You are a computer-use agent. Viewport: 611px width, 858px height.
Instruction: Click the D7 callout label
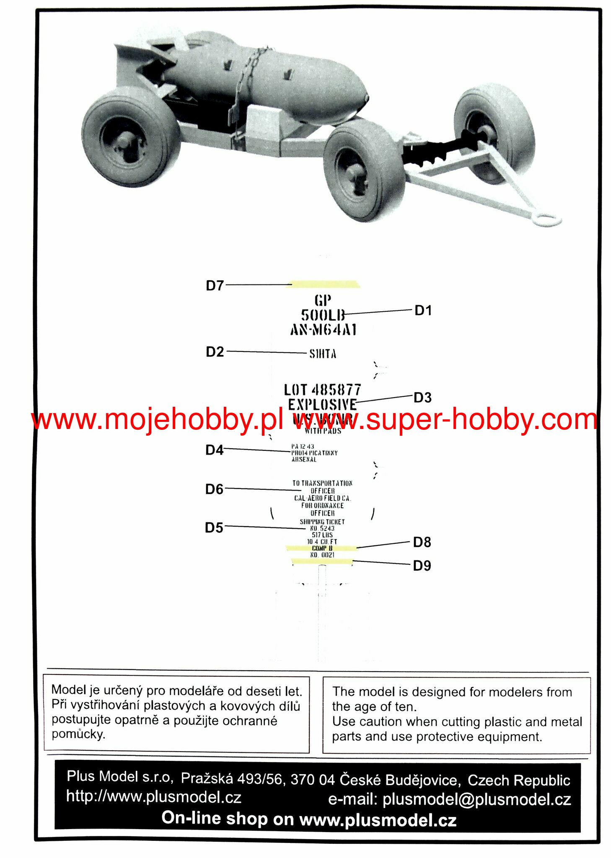[x=215, y=286]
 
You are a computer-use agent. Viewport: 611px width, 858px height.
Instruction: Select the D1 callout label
[x=422, y=310]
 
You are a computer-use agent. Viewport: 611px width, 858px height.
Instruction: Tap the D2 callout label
[x=215, y=352]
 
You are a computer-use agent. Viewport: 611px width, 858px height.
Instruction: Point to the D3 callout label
[x=422, y=398]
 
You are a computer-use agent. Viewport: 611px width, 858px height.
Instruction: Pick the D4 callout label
[x=214, y=450]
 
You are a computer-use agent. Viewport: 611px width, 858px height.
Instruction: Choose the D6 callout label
[x=214, y=489]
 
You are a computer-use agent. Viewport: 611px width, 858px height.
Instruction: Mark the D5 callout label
[x=214, y=528]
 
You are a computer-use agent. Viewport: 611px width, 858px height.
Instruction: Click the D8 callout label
[x=422, y=543]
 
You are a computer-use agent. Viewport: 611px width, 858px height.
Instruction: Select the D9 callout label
[x=422, y=566]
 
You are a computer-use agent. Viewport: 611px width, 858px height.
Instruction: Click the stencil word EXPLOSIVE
[x=322, y=405]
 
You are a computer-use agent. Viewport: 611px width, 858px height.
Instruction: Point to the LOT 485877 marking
[x=322, y=390]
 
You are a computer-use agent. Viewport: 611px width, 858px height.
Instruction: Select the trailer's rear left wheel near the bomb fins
[x=131, y=137]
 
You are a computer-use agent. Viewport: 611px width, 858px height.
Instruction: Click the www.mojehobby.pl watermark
[x=157, y=419]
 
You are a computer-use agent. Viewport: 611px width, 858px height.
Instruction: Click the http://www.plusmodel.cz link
[x=154, y=796]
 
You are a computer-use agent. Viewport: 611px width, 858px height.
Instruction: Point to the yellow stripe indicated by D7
[x=325, y=284]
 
